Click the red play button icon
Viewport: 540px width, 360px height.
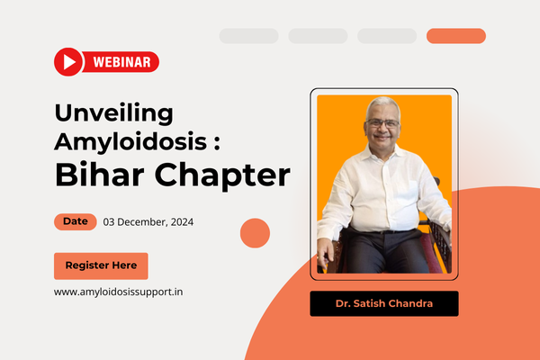coord(68,62)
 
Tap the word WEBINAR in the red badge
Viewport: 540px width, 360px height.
coord(121,62)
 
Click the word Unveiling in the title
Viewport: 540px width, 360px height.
coord(114,113)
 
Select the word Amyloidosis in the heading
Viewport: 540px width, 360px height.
coord(130,142)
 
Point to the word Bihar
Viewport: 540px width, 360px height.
coord(100,175)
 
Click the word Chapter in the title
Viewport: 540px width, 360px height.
coord(222,175)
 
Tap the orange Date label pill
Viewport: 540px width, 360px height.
coord(76,221)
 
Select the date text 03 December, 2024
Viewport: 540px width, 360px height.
coord(148,222)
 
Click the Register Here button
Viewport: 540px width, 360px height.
coord(101,266)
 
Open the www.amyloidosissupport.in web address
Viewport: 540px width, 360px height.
coord(118,292)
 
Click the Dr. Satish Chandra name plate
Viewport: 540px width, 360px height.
coord(384,303)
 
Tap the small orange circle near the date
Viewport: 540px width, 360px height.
coord(255,233)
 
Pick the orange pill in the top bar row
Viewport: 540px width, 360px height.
coord(456,36)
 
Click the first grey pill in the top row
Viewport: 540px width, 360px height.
coord(249,36)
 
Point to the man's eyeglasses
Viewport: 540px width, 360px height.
coord(383,123)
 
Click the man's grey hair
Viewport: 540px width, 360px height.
coord(382,104)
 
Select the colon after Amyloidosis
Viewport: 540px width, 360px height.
coord(217,142)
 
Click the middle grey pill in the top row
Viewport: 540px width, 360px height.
coord(318,36)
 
